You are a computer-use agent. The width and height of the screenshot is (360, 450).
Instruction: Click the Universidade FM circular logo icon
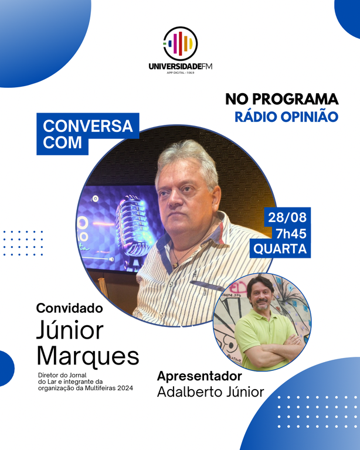tap(180, 43)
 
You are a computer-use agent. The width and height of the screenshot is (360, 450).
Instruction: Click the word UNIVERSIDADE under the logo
tap(173, 66)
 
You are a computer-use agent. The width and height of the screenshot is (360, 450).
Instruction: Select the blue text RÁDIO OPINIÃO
tap(287, 117)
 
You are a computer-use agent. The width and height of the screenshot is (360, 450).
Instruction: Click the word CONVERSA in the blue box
tap(88, 126)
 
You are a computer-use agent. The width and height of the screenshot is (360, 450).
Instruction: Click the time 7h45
tap(287, 233)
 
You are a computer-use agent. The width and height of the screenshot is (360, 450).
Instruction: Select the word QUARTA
tap(280, 248)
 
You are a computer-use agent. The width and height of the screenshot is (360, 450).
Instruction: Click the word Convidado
tap(69, 308)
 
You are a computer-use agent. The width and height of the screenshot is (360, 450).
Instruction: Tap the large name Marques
tap(88, 355)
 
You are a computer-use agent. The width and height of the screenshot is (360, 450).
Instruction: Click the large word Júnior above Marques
tap(69, 331)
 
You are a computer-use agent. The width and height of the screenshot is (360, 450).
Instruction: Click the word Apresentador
tap(199, 376)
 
